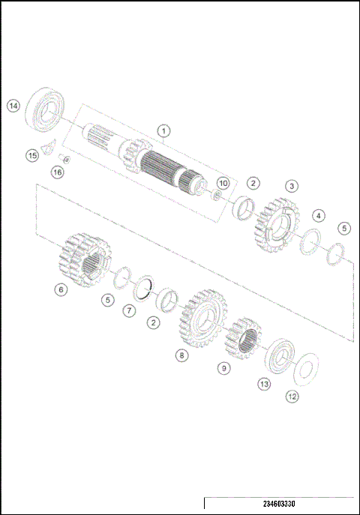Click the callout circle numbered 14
[13, 106]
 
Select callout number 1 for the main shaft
[163, 131]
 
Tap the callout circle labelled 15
[31, 155]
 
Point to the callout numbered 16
[57, 172]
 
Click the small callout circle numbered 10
[223, 183]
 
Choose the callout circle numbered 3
[290, 185]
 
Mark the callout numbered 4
[319, 215]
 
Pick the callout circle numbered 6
[61, 289]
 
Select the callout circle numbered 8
[181, 355]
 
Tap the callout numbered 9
[224, 368]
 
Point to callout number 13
[264, 384]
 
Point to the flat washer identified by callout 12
[304, 368]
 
